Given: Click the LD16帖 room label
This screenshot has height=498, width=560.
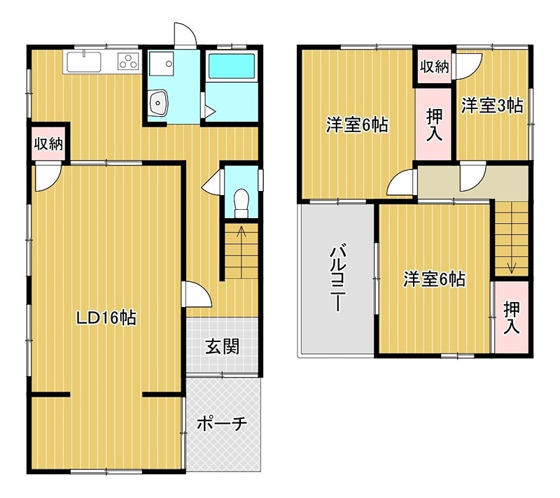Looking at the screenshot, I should point(106,318).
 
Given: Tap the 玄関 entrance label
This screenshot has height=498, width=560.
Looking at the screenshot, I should point(222,346).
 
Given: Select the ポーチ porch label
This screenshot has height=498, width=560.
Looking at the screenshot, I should point(221,423).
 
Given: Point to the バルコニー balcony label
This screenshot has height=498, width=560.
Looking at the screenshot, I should point(337,278).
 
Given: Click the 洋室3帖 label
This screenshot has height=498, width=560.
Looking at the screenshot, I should point(492,106).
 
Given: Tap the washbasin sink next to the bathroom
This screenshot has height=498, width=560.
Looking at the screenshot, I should point(160,104).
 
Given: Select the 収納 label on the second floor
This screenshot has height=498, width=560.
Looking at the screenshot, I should point(434,67).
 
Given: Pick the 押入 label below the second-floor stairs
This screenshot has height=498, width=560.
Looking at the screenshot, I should point(511,317).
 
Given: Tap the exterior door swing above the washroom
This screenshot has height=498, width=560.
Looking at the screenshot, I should point(183,34).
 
